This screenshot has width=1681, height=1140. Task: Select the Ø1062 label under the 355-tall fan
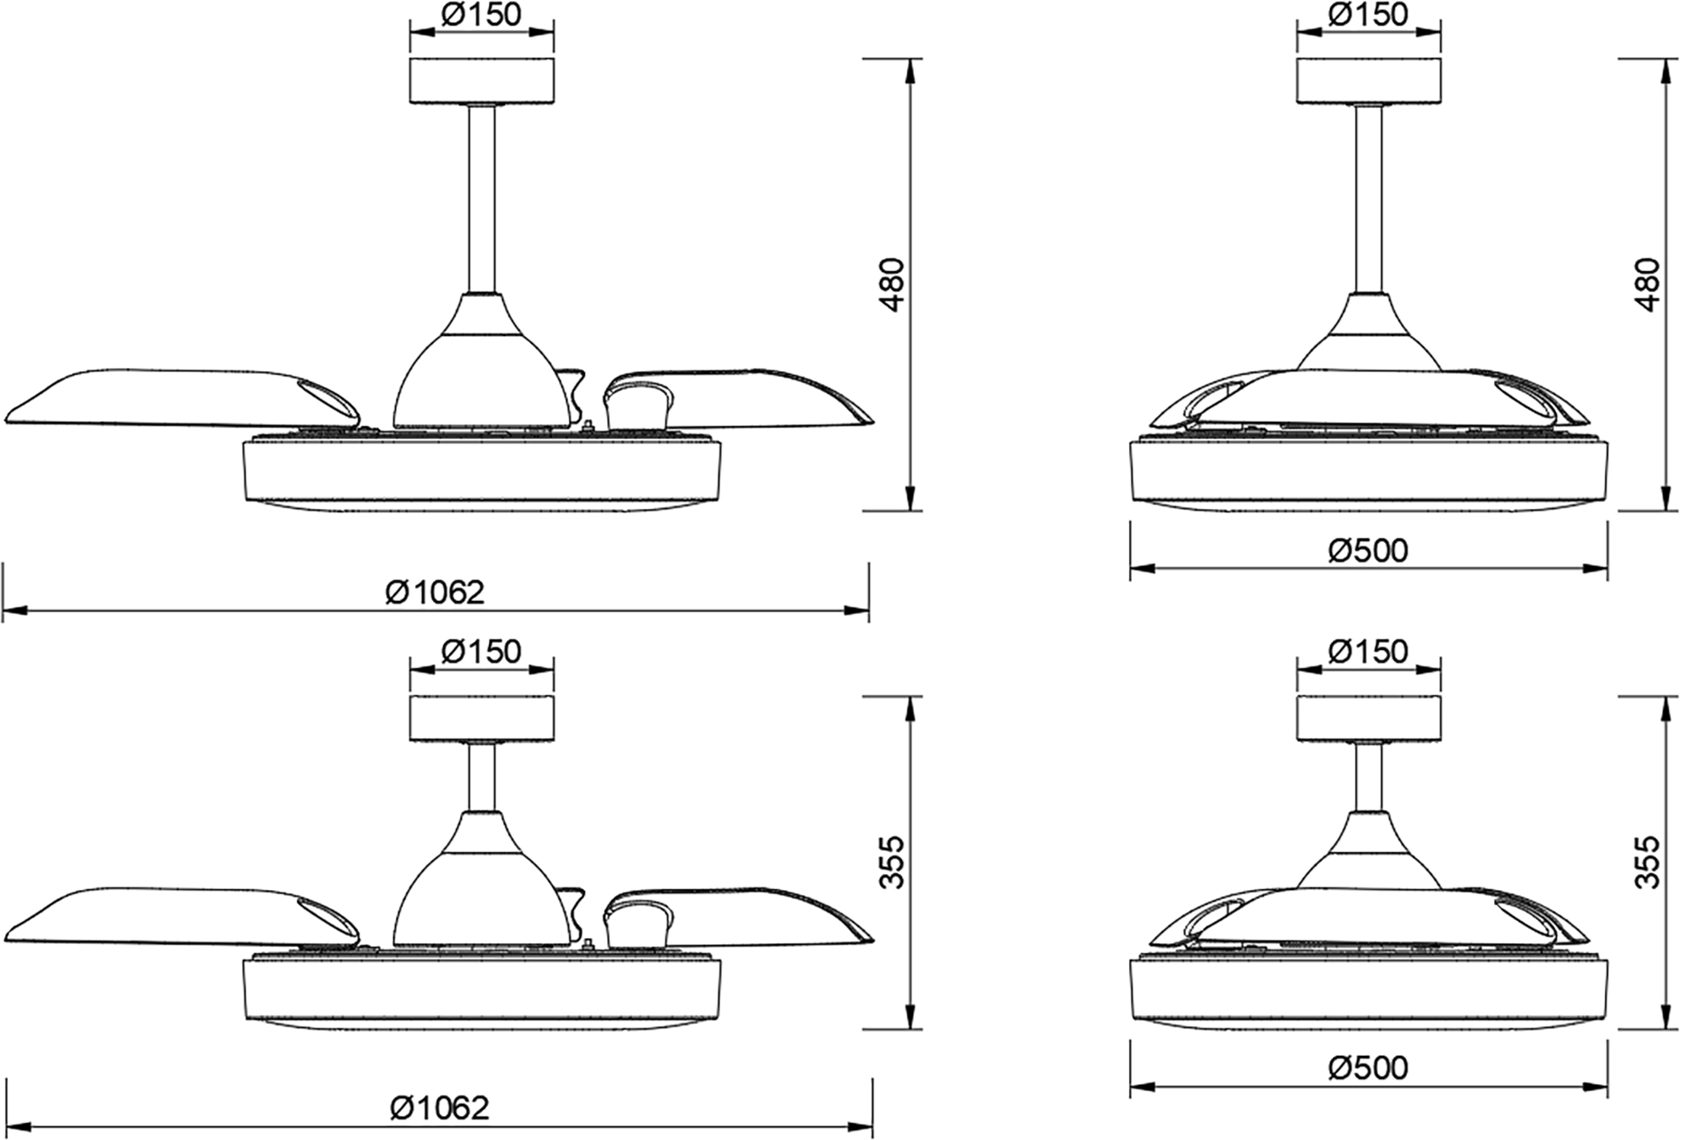coord(439,1107)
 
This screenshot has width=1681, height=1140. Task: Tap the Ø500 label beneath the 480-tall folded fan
coord(1367,550)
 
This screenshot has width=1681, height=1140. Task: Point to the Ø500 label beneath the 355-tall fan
coord(1367,1068)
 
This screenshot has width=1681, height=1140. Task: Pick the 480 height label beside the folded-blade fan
coord(1646,284)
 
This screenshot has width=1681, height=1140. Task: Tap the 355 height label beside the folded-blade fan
coord(1646,862)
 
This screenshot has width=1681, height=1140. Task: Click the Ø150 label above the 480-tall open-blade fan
coord(481,14)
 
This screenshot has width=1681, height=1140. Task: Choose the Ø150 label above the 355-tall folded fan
coord(1367,652)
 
